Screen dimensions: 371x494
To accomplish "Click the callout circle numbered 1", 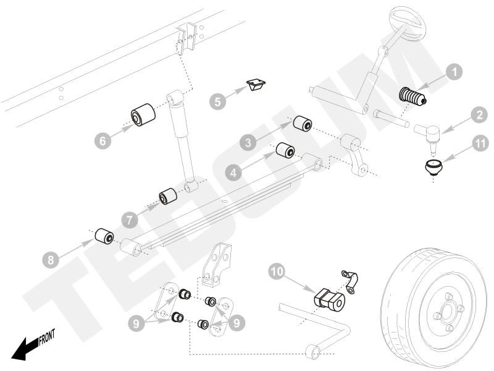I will [454, 72].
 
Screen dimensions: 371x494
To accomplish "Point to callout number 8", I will [51, 258].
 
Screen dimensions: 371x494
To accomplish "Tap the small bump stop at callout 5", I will [256, 85].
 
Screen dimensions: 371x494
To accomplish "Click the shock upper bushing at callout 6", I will [143, 116].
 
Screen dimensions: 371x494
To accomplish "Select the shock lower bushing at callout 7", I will [169, 197].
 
